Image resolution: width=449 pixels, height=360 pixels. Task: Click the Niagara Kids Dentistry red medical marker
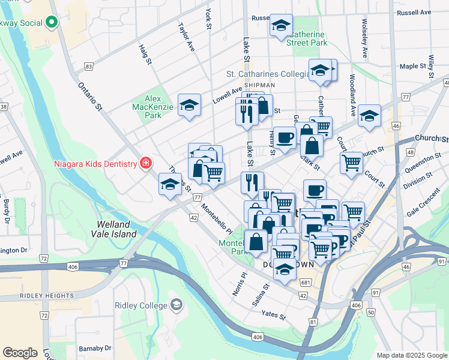tap(145, 163)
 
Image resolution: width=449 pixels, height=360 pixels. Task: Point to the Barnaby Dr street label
tap(95, 348)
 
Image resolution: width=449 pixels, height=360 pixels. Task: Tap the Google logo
tap(20, 353)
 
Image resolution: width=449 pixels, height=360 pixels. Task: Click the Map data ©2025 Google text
tap(411, 355)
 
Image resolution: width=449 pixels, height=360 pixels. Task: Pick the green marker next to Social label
tap(51, 23)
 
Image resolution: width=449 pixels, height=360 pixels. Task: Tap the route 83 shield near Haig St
tap(89, 66)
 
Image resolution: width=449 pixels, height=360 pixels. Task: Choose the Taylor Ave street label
tap(186, 37)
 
